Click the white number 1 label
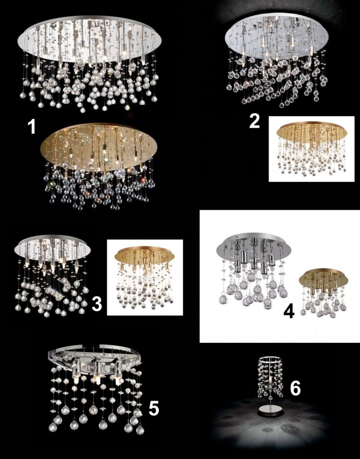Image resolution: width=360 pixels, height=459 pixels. pos(31,127)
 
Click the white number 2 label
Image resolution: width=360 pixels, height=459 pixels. pos(254,121)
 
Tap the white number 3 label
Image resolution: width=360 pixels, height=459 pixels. pos(97,304)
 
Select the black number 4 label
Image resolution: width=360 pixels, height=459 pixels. pos(288,312)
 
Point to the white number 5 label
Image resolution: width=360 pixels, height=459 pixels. pos(153,408)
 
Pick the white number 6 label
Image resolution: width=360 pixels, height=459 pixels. pos(295,389)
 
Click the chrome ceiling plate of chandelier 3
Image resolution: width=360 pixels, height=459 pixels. pos(52,249)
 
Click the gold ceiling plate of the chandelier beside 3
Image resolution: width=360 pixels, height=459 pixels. pos(145,253)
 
